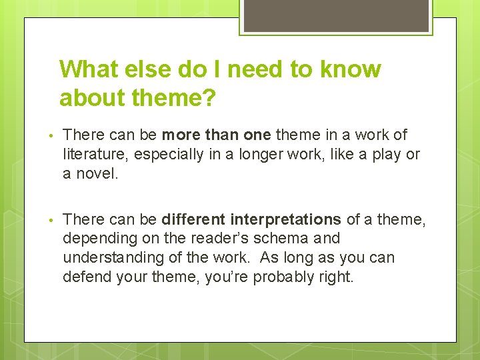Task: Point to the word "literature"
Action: coord(94,154)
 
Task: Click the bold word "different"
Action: coord(194,219)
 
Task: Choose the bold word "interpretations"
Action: coord(286,219)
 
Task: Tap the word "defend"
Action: coord(84,275)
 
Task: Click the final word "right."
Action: coord(335,275)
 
